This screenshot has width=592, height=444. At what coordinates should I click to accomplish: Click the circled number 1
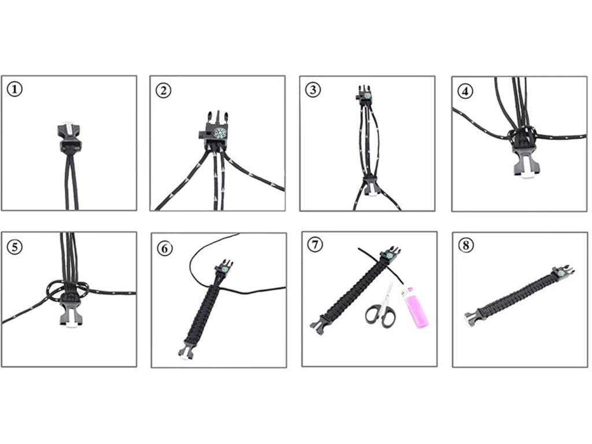click(14, 90)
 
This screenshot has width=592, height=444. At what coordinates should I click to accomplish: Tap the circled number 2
click(164, 91)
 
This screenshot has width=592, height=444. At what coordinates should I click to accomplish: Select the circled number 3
click(313, 90)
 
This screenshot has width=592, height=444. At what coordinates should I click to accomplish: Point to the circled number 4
click(465, 91)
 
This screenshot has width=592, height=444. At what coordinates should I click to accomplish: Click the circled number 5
click(14, 247)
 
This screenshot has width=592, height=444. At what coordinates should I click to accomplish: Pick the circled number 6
click(165, 249)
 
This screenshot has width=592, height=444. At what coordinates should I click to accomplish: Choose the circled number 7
click(315, 245)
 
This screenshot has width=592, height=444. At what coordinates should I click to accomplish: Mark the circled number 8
click(466, 245)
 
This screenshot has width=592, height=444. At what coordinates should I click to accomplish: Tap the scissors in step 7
click(381, 307)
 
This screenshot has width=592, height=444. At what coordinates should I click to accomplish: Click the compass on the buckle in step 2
click(219, 134)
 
